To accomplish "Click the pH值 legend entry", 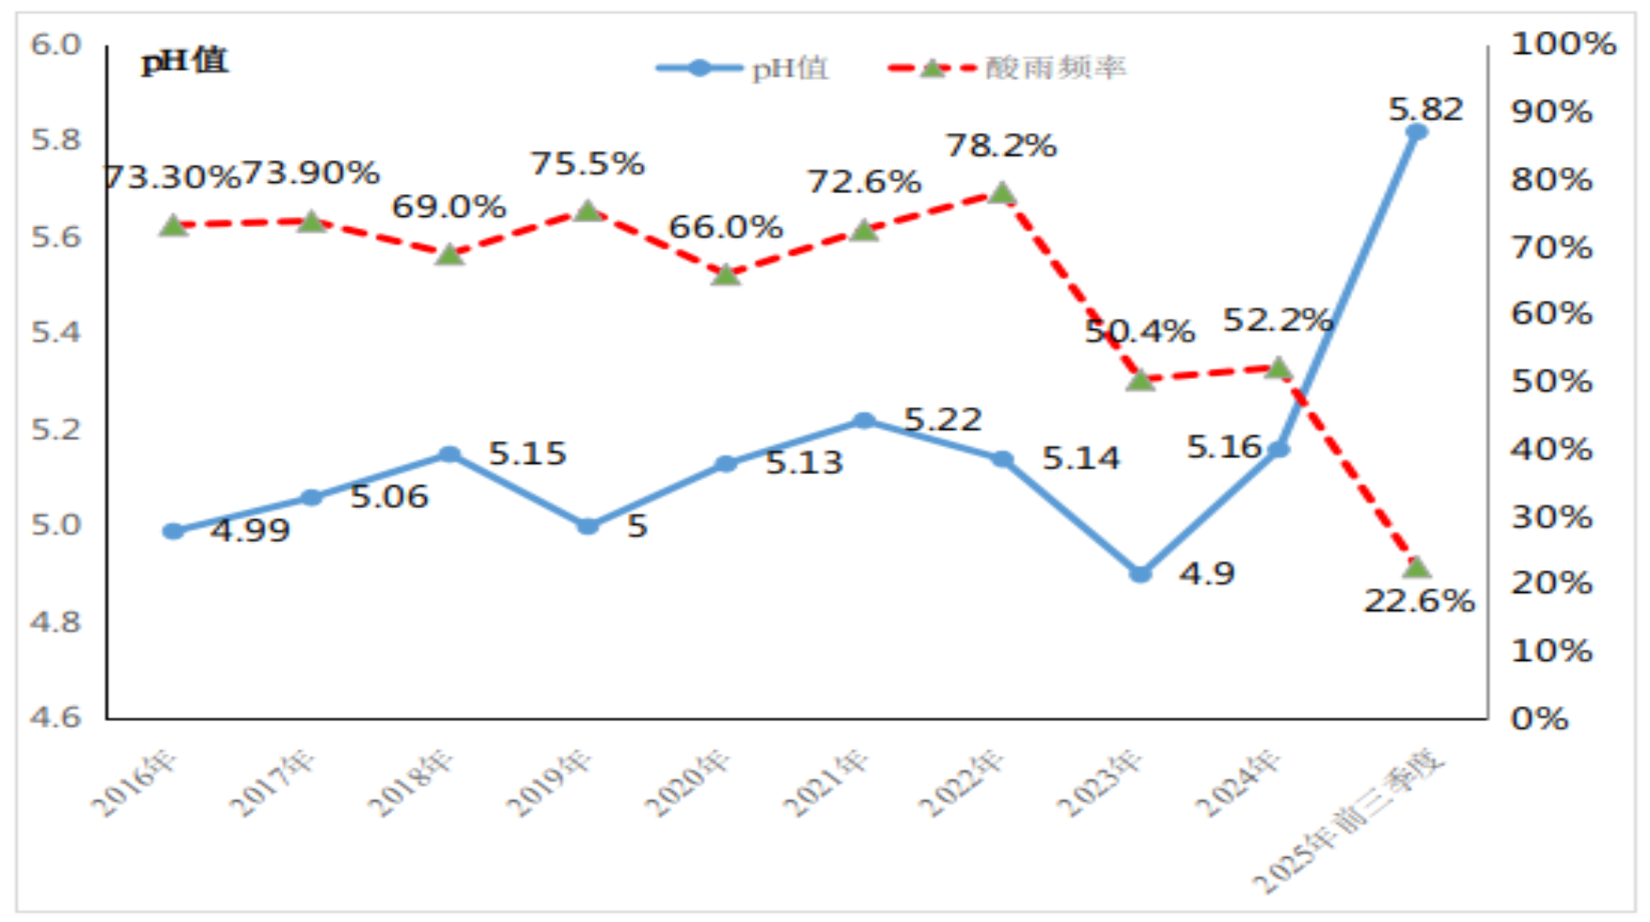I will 743,68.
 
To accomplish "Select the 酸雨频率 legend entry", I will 1007,68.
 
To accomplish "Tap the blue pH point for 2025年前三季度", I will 1416,132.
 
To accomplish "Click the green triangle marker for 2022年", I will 1002,194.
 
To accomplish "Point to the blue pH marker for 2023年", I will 1140,574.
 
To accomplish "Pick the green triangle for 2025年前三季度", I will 1416,568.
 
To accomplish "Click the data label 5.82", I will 1426,109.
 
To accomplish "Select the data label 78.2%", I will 1001,145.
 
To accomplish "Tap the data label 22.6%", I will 1419,601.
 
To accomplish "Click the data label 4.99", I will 250,531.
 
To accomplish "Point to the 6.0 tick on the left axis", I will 56,44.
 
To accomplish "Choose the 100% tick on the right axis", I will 1563,43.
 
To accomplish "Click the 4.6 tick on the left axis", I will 56,716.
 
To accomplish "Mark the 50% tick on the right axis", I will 1552,381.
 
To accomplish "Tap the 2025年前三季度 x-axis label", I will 1348,820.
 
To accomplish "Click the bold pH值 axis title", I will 185,61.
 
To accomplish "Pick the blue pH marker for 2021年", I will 864,420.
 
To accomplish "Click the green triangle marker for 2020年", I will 726,274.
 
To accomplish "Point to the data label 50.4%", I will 1140,331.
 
